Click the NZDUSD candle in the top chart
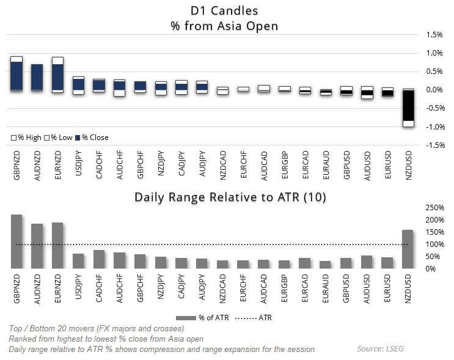click(x=408, y=108)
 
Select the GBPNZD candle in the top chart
click(x=16, y=75)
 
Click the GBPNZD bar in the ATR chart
click(x=16, y=242)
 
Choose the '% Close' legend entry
click(x=92, y=138)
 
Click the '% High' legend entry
click(x=25, y=138)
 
